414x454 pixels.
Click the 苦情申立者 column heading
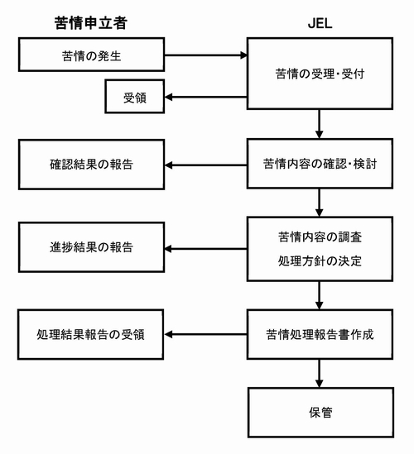[91, 23]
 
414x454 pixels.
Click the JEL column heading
[320, 23]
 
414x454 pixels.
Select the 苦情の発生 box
[92, 55]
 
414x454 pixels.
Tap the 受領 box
[135, 97]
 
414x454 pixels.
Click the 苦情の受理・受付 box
[320, 74]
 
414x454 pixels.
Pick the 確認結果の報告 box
[92, 165]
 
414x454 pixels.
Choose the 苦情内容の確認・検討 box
[320, 164]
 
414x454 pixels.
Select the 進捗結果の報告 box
[92, 247]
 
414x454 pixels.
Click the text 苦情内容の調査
[320, 237]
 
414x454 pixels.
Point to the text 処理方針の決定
[320, 261]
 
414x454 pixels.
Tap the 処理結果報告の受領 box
[91, 334]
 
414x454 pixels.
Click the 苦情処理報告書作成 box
[320, 334]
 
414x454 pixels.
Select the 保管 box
[321, 413]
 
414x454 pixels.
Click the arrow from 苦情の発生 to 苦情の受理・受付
[206, 55]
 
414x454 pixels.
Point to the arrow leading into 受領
[206, 97]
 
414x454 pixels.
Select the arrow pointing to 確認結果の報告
[206, 165]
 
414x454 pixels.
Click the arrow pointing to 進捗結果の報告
[206, 249]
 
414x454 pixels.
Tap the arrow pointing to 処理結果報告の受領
[206, 334]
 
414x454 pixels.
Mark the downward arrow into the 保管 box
[320, 374]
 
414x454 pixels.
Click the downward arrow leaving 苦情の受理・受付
[320, 124]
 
